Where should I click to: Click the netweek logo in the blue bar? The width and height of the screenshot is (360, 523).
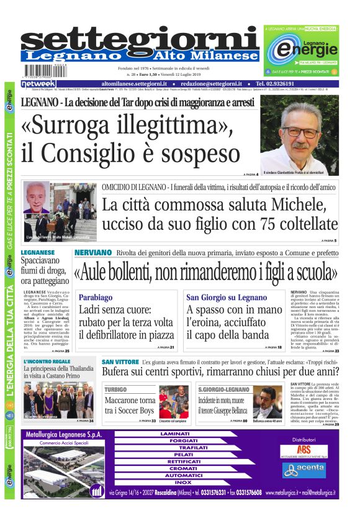38,84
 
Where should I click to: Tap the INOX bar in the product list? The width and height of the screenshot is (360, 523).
183,482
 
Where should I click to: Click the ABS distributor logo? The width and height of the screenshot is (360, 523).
304,449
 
